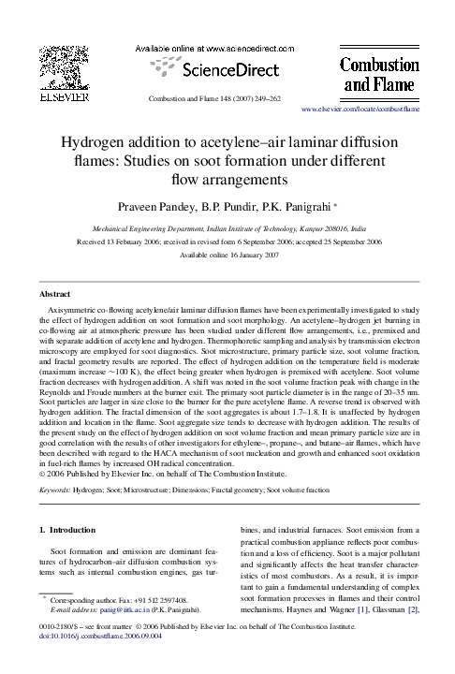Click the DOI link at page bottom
[97, 662]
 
